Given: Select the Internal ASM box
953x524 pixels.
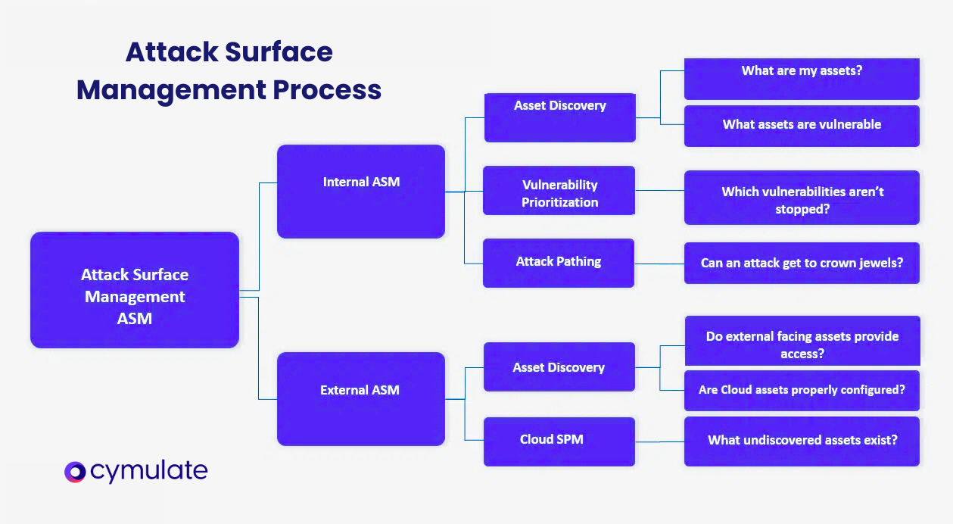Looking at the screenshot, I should point(361,192).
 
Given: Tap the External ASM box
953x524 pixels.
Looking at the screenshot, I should point(361,398).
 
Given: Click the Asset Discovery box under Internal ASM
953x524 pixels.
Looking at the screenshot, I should point(559,117).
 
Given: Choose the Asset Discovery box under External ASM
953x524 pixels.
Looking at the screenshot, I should point(559,366).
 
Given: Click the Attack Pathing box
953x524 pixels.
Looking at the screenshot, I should point(559,263).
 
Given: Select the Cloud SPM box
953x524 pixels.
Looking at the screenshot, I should point(559,440).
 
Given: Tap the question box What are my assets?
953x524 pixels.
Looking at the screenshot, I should point(802,79).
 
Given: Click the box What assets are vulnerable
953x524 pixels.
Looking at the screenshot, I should point(802,125).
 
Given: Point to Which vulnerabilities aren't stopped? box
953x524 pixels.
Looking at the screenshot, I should point(802,198).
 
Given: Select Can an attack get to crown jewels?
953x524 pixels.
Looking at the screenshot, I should point(802,264).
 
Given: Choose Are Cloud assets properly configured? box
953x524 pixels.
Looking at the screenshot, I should point(802,390).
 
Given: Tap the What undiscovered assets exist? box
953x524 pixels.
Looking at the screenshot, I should point(802,440).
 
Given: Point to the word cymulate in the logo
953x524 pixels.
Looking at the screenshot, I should point(148,472).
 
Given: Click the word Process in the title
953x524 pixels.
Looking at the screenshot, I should point(327,89).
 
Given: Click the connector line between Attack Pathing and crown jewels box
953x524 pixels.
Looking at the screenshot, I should point(659,264).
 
